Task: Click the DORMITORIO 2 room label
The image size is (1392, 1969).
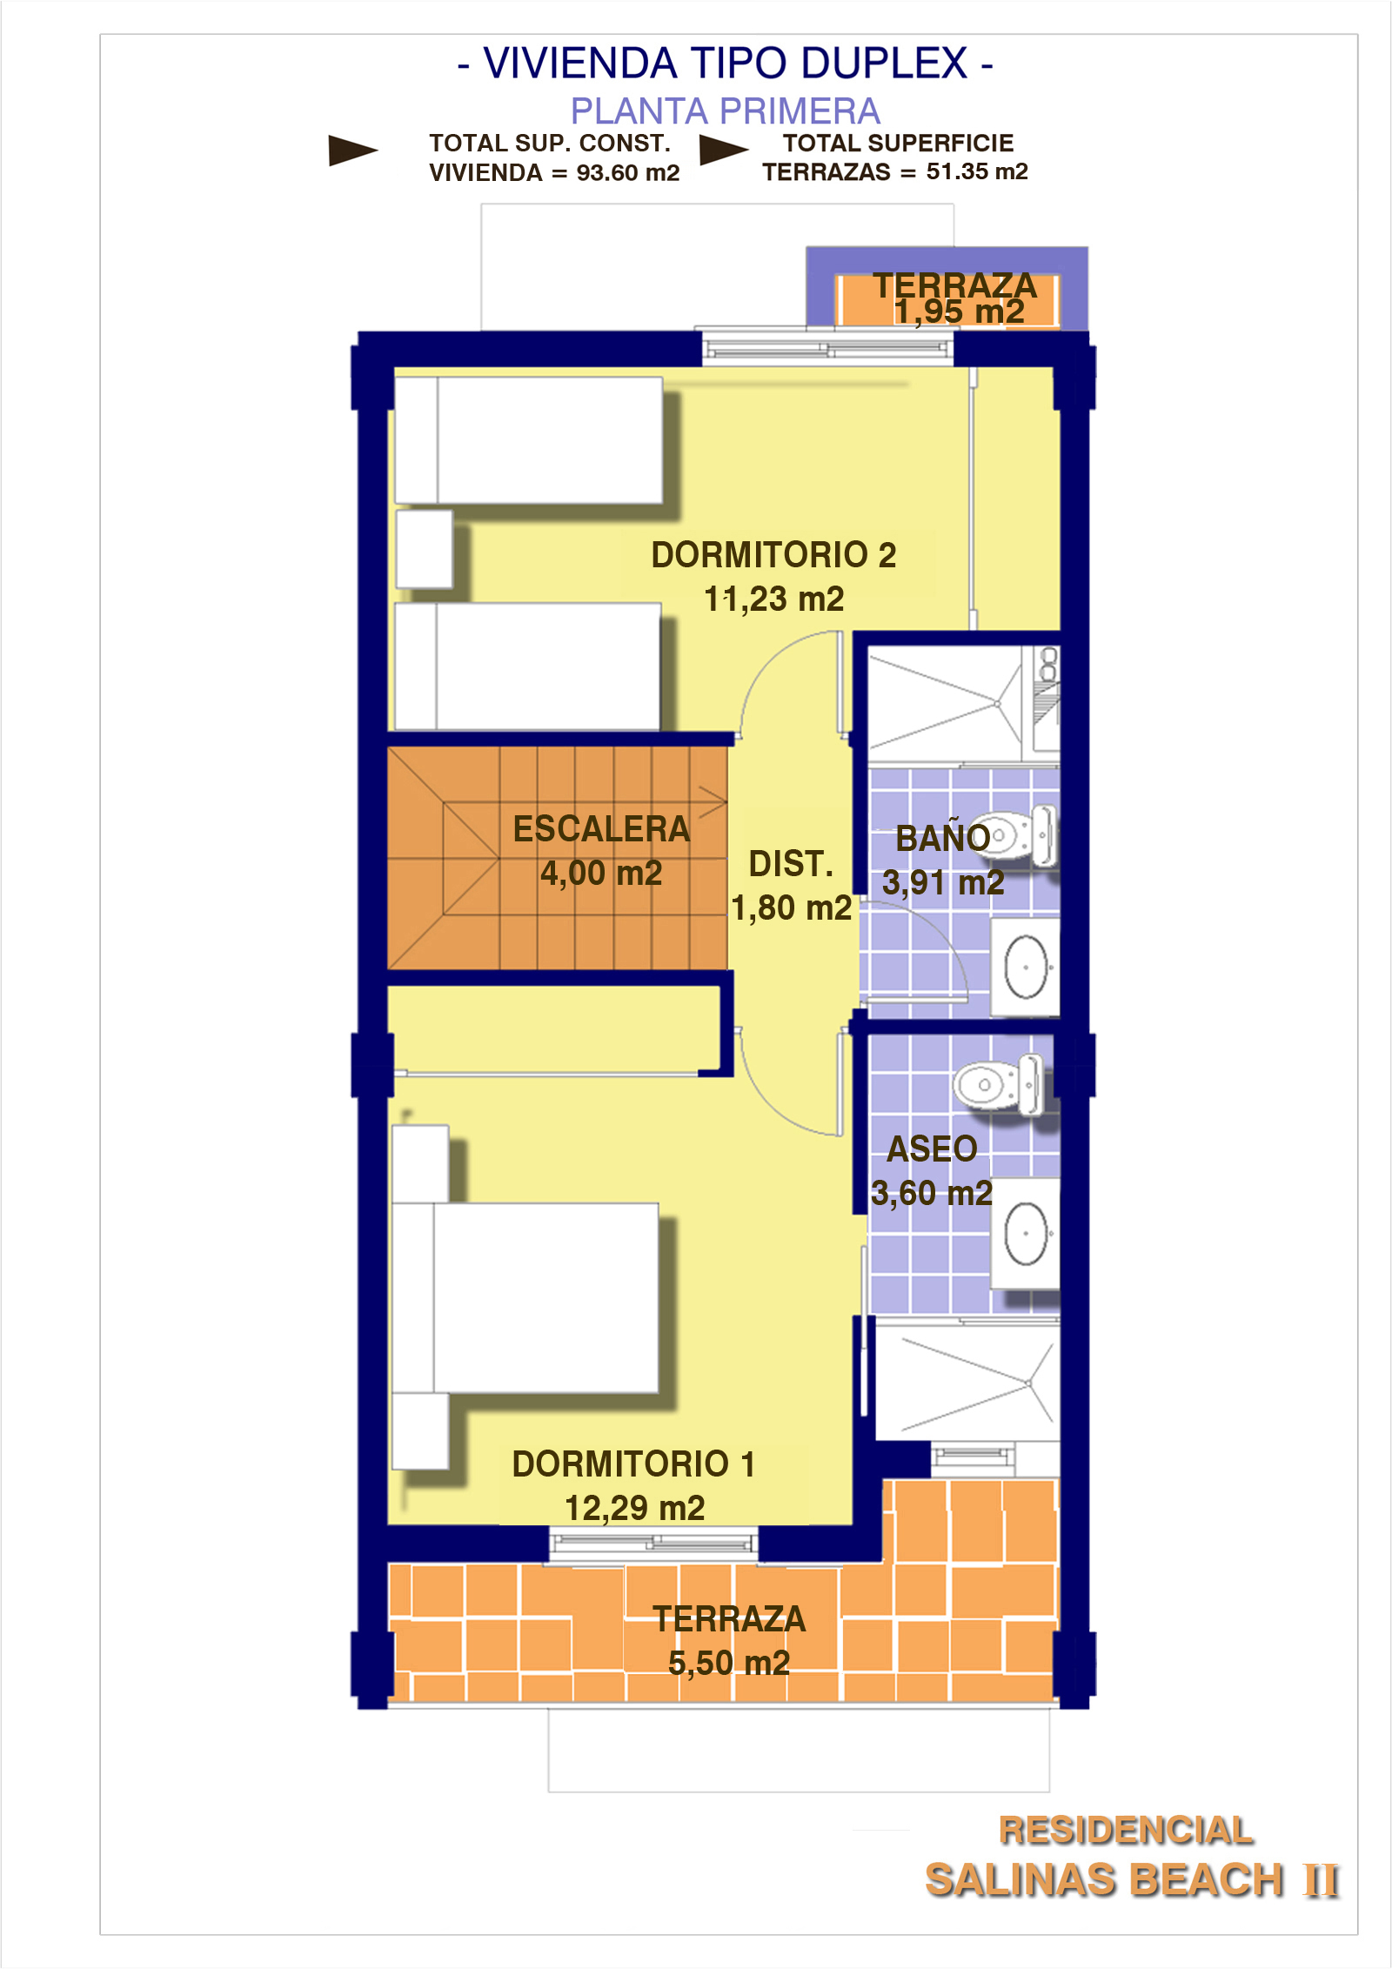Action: coord(773,555)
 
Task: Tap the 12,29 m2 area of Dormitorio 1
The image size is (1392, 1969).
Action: coord(635,1508)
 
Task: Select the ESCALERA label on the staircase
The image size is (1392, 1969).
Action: coord(601,829)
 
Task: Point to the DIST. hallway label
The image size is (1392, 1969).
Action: coord(791,864)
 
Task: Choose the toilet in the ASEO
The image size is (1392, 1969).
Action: coord(1000,1084)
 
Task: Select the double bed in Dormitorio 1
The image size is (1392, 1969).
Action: coord(525,1297)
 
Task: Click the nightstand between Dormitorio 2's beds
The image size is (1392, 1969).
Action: coord(425,549)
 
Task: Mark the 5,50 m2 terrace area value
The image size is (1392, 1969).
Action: coord(729,1663)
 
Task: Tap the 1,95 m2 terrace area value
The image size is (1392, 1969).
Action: coord(960,311)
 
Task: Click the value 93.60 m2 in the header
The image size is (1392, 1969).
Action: coord(628,172)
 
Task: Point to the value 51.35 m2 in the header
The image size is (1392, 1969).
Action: coord(977,171)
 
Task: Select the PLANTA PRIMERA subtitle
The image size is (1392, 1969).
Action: coord(726,111)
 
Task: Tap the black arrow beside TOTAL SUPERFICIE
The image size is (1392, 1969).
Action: coord(724,150)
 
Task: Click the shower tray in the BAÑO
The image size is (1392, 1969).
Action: coord(946,705)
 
